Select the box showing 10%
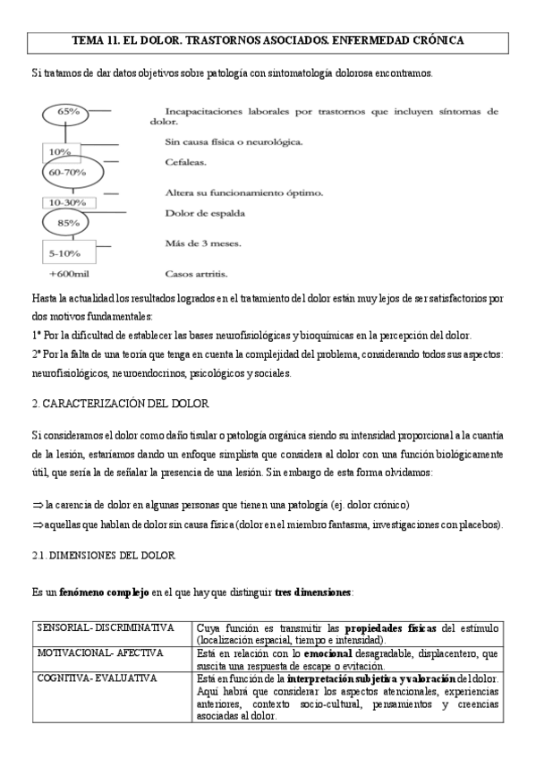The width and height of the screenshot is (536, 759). [61, 151]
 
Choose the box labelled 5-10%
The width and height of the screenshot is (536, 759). [65, 253]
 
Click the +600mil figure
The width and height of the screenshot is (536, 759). [67, 274]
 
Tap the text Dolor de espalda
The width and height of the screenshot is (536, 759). [206, 213]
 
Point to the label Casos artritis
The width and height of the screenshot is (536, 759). [197, 274]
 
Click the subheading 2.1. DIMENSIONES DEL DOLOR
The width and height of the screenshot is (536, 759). [103, 556]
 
